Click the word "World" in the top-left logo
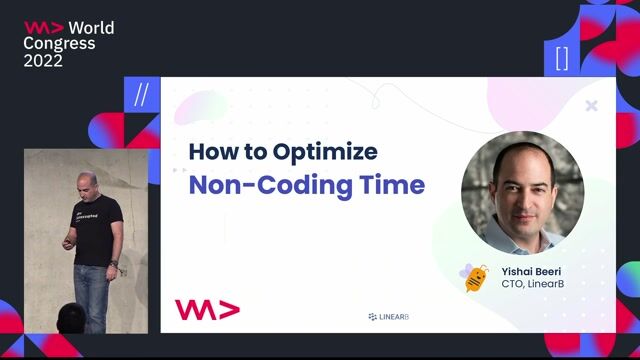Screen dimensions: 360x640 tap(91, 27)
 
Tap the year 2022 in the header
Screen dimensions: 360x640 tap(43, 61)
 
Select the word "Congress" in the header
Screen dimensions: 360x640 tap(59, 44)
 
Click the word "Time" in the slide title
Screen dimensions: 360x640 tap(394, 185)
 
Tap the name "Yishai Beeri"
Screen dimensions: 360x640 tap(532, 270)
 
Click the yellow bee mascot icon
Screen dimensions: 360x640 tap(474, 277)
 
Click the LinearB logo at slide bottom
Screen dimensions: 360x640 tap(389, 317)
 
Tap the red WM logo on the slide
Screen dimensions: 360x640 tap(207, 309)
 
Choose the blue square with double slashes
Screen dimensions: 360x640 tap(141, 95)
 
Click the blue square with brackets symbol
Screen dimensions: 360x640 tap(561, 58)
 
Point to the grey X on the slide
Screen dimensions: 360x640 tap(591, 105)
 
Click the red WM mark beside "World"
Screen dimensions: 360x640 tap(43, 27)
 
